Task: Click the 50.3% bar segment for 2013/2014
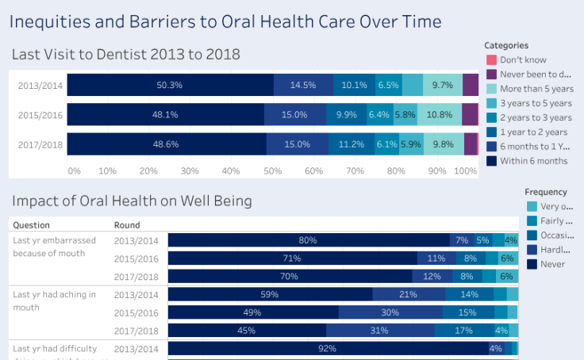[170, 85]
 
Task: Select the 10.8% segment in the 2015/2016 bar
[439, 115]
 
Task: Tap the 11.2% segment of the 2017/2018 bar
[351, 144]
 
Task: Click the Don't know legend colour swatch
[491, 60]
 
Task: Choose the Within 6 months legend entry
[534, 161]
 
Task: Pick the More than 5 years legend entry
[536, 89]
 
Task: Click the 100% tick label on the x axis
[465, 170]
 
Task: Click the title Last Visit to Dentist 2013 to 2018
[125, 54]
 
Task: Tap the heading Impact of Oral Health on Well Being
[132, 201]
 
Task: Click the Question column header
[31, 224]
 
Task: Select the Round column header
[127, 224]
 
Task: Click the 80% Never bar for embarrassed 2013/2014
[308, 240]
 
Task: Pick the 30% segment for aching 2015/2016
[390, 312]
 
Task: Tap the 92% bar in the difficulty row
[327, 348]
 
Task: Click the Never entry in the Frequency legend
[552, 264]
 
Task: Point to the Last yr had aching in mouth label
[54, 300]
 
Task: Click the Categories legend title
[506, 45]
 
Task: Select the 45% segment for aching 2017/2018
[247, 331]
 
